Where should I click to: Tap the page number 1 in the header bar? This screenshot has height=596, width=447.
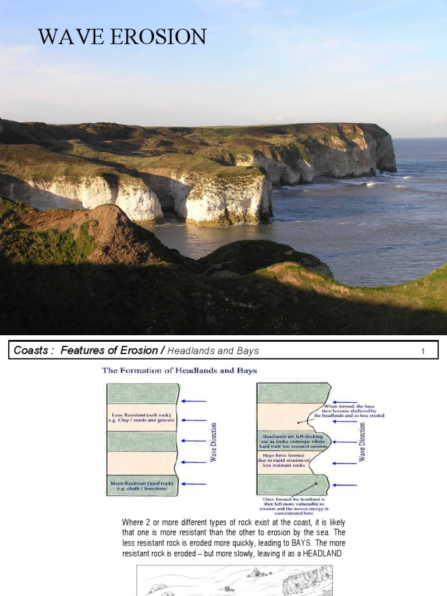[424, 350]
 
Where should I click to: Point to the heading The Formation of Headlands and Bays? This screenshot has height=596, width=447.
[179, 370]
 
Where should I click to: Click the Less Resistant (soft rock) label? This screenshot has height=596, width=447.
[141, 415]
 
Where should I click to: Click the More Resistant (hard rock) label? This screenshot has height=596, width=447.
[141, 484]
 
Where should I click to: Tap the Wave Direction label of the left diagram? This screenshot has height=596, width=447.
[213, 442]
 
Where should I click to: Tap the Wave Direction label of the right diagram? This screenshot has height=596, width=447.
[363, 442]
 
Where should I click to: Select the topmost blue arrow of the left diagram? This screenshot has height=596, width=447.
[194, 401]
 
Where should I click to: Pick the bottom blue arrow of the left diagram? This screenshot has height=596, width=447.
[194, 484]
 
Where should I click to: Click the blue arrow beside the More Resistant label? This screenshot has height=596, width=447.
[194, 484]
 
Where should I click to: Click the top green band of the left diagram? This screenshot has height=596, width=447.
[142, 393]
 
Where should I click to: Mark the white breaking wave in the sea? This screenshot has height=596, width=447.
[370, 183]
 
